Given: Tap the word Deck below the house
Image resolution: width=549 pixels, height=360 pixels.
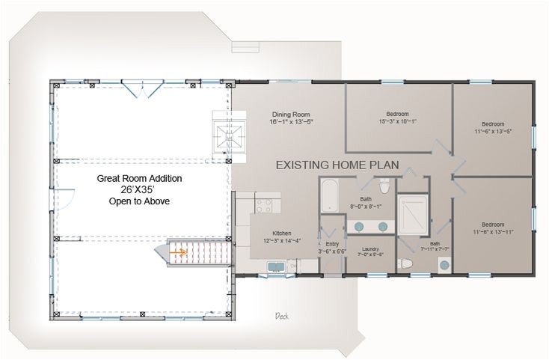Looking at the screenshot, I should point(282,315).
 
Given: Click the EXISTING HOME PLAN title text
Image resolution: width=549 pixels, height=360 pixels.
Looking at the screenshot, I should point(337,164).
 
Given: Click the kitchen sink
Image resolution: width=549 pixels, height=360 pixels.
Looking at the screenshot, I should point(274,266).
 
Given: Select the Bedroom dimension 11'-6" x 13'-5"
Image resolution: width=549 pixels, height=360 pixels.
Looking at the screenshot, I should point(494,131).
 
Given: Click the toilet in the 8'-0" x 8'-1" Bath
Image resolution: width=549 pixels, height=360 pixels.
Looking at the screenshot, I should point(384,186).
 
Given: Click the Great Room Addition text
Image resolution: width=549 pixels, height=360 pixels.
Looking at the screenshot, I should point(140,179).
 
